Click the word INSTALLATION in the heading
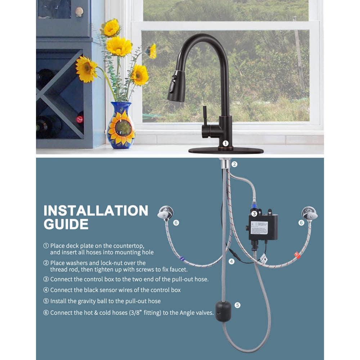pos(96,211)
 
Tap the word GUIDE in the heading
pos(66,224)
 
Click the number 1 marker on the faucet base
pos(225,143)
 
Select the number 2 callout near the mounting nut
pos(234,164)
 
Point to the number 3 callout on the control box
pos(254,213)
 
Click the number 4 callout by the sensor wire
pos(231,261)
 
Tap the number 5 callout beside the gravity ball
pos(237,305)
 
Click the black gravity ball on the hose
pos(223,311)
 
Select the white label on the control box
pos(259,228)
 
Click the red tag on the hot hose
pos(297,255)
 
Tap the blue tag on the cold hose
pos(181,258)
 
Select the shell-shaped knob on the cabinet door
pos(79,12)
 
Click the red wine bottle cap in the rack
pos(80,119)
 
